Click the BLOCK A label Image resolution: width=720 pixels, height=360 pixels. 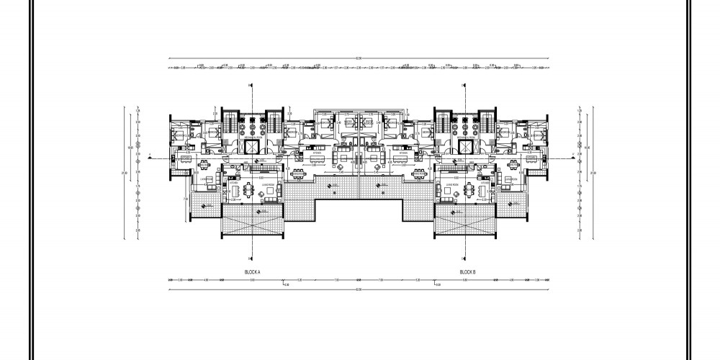click(x=252, y=271)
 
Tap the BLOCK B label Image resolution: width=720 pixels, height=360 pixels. click(x=469, y=271)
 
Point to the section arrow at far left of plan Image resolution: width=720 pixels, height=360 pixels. click(x=149, y=156)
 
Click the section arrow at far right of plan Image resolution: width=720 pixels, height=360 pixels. click(x=571, y=156)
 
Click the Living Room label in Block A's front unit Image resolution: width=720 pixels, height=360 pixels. click(x=252, y=184)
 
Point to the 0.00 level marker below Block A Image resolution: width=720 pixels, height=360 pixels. click(x=287, y=286)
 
